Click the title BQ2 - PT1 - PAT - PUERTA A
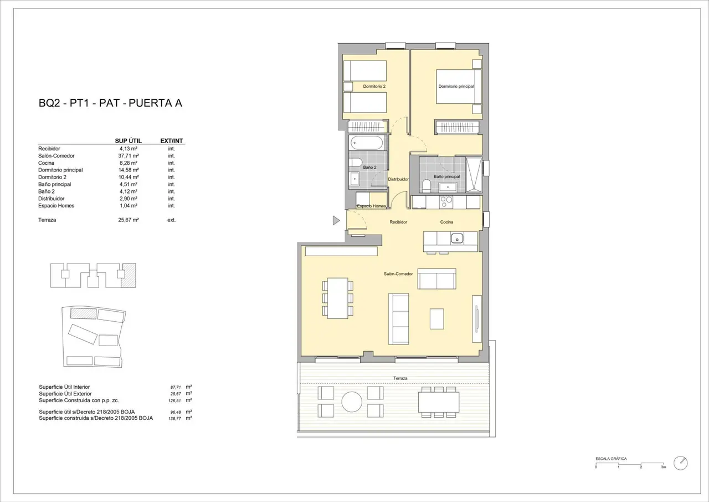click(x=110, y=103)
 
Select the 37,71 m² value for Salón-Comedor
click(x=129, y=156)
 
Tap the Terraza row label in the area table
click(x=47, y=220)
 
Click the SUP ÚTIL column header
click(x=128, y=141)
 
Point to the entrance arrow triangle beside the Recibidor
click(x=336, y=220)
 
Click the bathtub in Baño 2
click(x=367, y=144)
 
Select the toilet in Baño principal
click(x=427, y=186)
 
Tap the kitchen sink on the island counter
click(x=457, y=238)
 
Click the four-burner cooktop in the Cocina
click(x=446, y=202)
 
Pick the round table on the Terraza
click(x=352, y=402)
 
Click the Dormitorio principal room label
click(x=456, y=86)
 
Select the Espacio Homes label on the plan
click(x=372, y=206)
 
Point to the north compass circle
click(x=681, y=463)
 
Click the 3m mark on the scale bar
click(x=663, y=467)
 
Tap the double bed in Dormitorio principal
click(x=459, y=87)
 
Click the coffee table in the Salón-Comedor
click(x=436, y=319)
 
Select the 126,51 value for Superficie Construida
click(x=174, y=400)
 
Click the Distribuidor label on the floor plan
click(x=398, y=179)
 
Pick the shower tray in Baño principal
click(x=474, y=175)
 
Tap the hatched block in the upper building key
click(x=129, y=275)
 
